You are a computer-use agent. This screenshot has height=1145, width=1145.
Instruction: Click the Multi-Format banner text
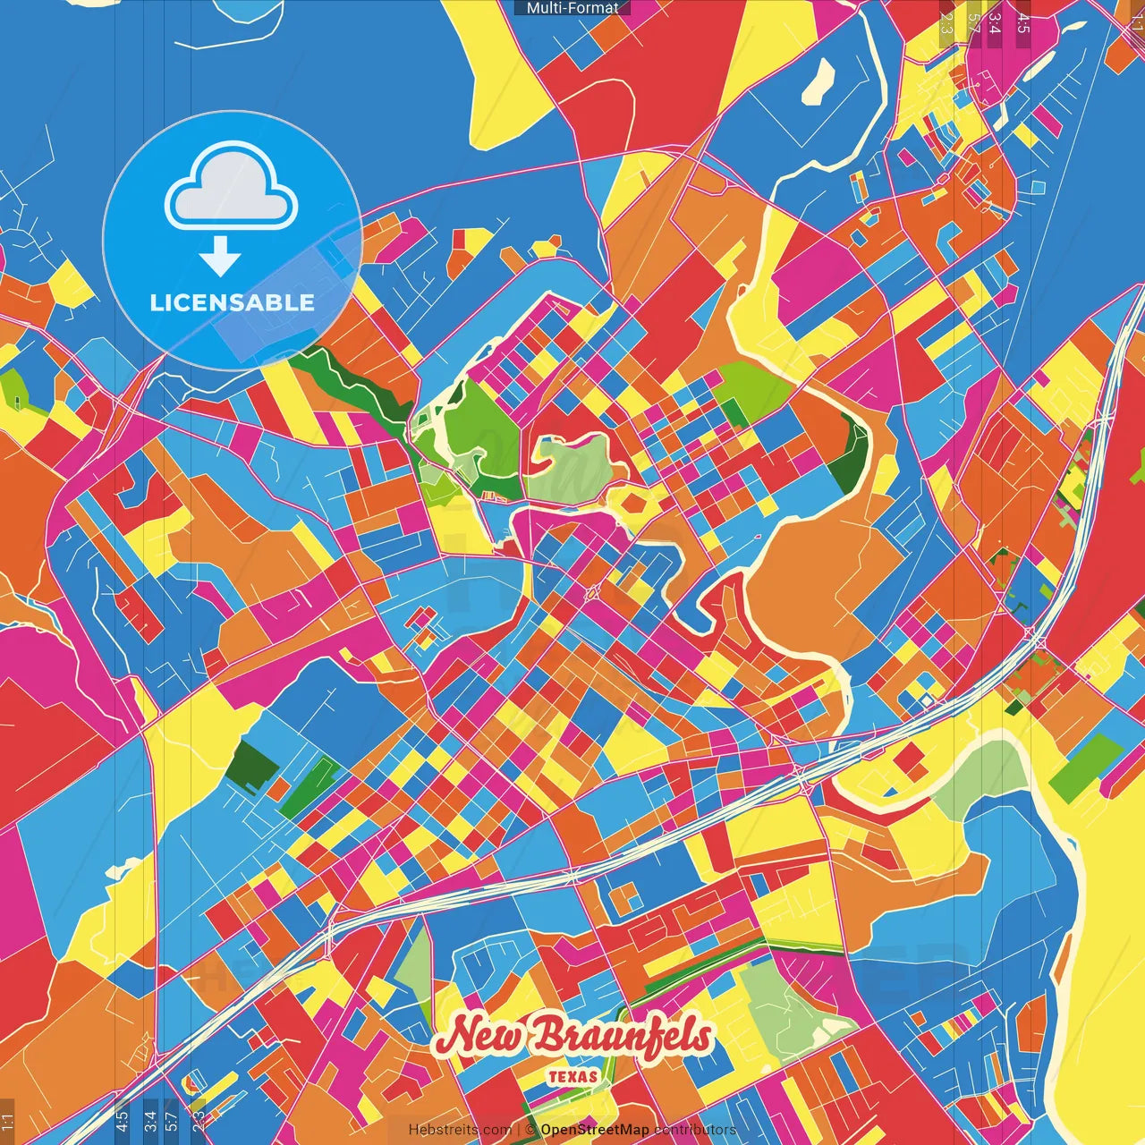pos(572,8)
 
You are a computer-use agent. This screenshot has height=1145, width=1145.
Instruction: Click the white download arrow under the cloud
pos(220,258)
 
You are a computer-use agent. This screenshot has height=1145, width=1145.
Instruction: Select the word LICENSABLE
pos(233,302)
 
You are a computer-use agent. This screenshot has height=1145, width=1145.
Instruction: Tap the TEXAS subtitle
pos(572,1076)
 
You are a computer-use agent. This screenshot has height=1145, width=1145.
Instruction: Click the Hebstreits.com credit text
pos(460,1130)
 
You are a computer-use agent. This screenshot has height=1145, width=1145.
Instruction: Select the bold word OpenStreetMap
pos(595,1130)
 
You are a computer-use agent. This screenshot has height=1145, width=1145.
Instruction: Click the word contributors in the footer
pos(695,1130)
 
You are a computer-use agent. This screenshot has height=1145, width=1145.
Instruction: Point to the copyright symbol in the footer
pos(530,1130)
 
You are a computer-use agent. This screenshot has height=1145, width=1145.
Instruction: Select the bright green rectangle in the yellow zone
pos(1086,768)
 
